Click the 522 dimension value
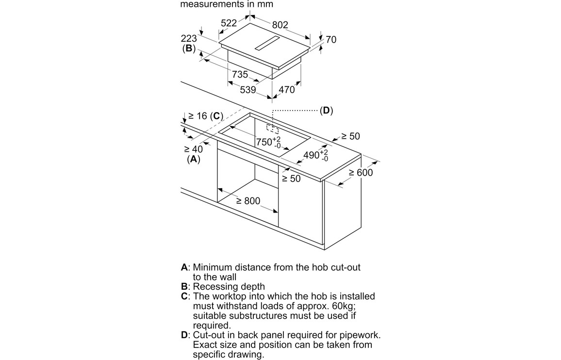(229, 23)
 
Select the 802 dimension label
(280, 25)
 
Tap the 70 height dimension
(330, 40)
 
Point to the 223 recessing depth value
(189, 39)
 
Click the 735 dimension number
(240, 74)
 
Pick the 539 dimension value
(248, 90)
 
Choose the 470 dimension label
(286, 90)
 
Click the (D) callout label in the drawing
(327, 111)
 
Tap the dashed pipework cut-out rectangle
(272, 129)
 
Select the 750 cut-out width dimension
(265, 142)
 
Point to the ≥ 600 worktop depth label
(361, 173)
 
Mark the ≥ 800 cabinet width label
(248, 201)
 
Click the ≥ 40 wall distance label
(193, 149)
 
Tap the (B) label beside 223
(189, 49)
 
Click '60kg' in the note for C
(342, 306)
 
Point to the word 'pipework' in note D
(359, 335)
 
